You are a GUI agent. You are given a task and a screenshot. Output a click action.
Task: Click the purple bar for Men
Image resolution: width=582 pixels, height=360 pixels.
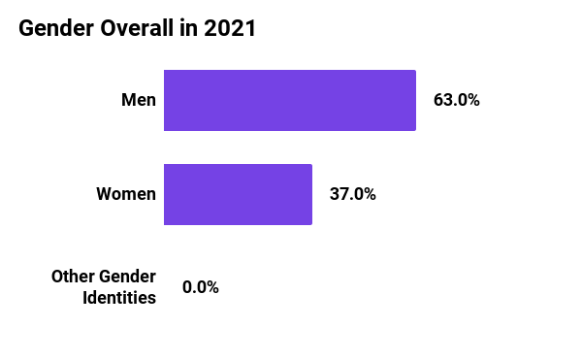290,100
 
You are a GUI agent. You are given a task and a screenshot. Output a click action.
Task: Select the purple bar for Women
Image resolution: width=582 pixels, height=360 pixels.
238,194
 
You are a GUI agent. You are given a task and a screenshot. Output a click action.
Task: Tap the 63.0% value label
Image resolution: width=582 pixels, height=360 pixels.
456,100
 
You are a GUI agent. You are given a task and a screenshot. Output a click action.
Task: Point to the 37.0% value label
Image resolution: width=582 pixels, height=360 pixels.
352,194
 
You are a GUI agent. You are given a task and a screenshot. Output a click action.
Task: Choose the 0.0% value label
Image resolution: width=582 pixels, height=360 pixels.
201,287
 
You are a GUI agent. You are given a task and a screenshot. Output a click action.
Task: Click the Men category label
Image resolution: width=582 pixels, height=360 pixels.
138,100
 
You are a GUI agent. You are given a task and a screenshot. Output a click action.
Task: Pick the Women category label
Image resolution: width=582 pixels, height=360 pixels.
126,194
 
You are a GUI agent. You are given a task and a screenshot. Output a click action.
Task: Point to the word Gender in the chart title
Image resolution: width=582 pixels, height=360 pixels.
50,29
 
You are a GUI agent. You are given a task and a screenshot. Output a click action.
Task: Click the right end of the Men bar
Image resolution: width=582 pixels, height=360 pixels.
414,100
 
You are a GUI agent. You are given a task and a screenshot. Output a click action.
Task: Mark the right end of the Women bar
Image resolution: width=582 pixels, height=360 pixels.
310,194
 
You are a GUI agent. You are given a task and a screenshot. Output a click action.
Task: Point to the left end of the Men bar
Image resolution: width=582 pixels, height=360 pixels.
166,100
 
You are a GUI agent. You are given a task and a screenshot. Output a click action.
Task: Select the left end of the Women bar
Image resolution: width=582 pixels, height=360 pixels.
166,194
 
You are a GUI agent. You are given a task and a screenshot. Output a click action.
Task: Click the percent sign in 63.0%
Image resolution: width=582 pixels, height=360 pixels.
472,100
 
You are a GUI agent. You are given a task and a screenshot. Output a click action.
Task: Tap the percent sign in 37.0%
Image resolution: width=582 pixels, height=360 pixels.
369,194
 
